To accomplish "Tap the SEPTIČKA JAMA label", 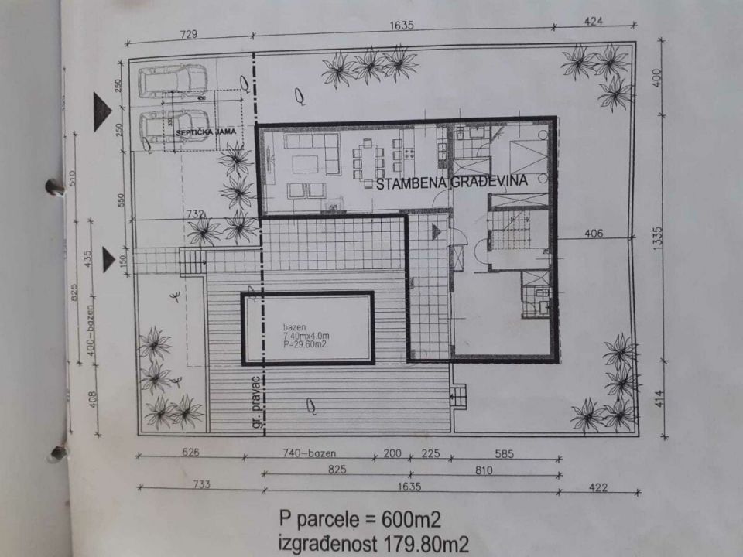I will click(x=194, y=134).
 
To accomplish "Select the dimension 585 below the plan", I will click(x=503, y=454).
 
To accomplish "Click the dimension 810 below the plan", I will click(x=504, y=470).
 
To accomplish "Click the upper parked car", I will click(x=172, y=80).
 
